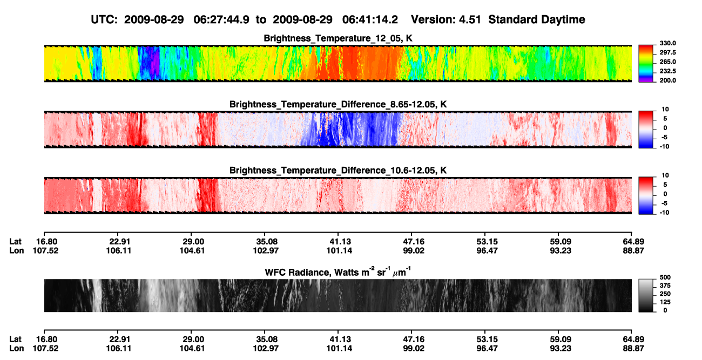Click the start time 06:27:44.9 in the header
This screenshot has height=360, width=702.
(x=221, y=19)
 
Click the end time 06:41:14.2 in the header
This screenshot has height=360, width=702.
(x=370, y=19)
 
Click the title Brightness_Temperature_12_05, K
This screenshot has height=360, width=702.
(x=338, y=38)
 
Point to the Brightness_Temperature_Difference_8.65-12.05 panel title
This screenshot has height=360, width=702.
(x=338, y=104)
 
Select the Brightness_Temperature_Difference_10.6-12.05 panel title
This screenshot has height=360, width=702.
(x=338, y=170)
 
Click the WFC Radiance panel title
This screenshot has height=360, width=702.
(x=338, y=272)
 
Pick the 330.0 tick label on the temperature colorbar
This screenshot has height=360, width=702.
(x=667, y=43)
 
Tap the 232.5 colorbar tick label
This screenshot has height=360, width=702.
(x=667, y=71)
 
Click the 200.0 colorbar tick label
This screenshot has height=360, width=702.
(x=667, y=80)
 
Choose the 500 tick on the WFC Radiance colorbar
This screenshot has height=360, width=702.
(x=665, y=277)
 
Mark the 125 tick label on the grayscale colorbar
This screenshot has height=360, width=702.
(x=665, y=302)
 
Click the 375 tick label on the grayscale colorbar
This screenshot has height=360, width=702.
(x=665, y=286)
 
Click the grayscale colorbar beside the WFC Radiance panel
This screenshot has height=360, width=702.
(x=646, y=295)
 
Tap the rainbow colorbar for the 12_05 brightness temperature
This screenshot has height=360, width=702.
(x=646, y=64)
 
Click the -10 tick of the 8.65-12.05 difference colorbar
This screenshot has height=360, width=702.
(x=665, y=146)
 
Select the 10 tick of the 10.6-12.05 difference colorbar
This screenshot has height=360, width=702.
(x=665, y=175)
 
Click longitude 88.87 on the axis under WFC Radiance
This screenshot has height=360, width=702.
(x=633, y=348)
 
